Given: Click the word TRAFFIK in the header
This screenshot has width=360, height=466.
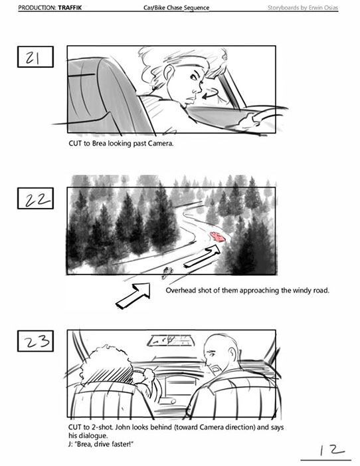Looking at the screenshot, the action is point(70,8).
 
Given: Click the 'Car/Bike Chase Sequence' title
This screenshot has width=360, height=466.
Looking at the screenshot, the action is point(177,8).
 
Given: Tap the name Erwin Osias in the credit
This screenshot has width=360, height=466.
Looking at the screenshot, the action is point(323,8).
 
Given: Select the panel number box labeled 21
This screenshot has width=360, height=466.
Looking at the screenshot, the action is point(35,57).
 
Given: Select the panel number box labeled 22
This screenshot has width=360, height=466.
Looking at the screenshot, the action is point(35,198).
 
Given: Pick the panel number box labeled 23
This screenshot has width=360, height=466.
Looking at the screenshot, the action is point(35,341).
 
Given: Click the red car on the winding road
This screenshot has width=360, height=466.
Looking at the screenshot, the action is point(218,237).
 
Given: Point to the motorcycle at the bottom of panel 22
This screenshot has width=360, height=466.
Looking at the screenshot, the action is point(167,272).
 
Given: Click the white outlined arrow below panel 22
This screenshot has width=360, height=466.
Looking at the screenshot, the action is point(133,295).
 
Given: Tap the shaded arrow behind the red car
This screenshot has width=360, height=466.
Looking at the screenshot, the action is point(202,257).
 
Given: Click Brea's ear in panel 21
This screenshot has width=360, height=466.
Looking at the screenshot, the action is point(169,73).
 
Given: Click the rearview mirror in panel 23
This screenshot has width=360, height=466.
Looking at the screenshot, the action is point(171,340).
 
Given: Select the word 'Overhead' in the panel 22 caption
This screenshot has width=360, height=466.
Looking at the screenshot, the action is point(181,290).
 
